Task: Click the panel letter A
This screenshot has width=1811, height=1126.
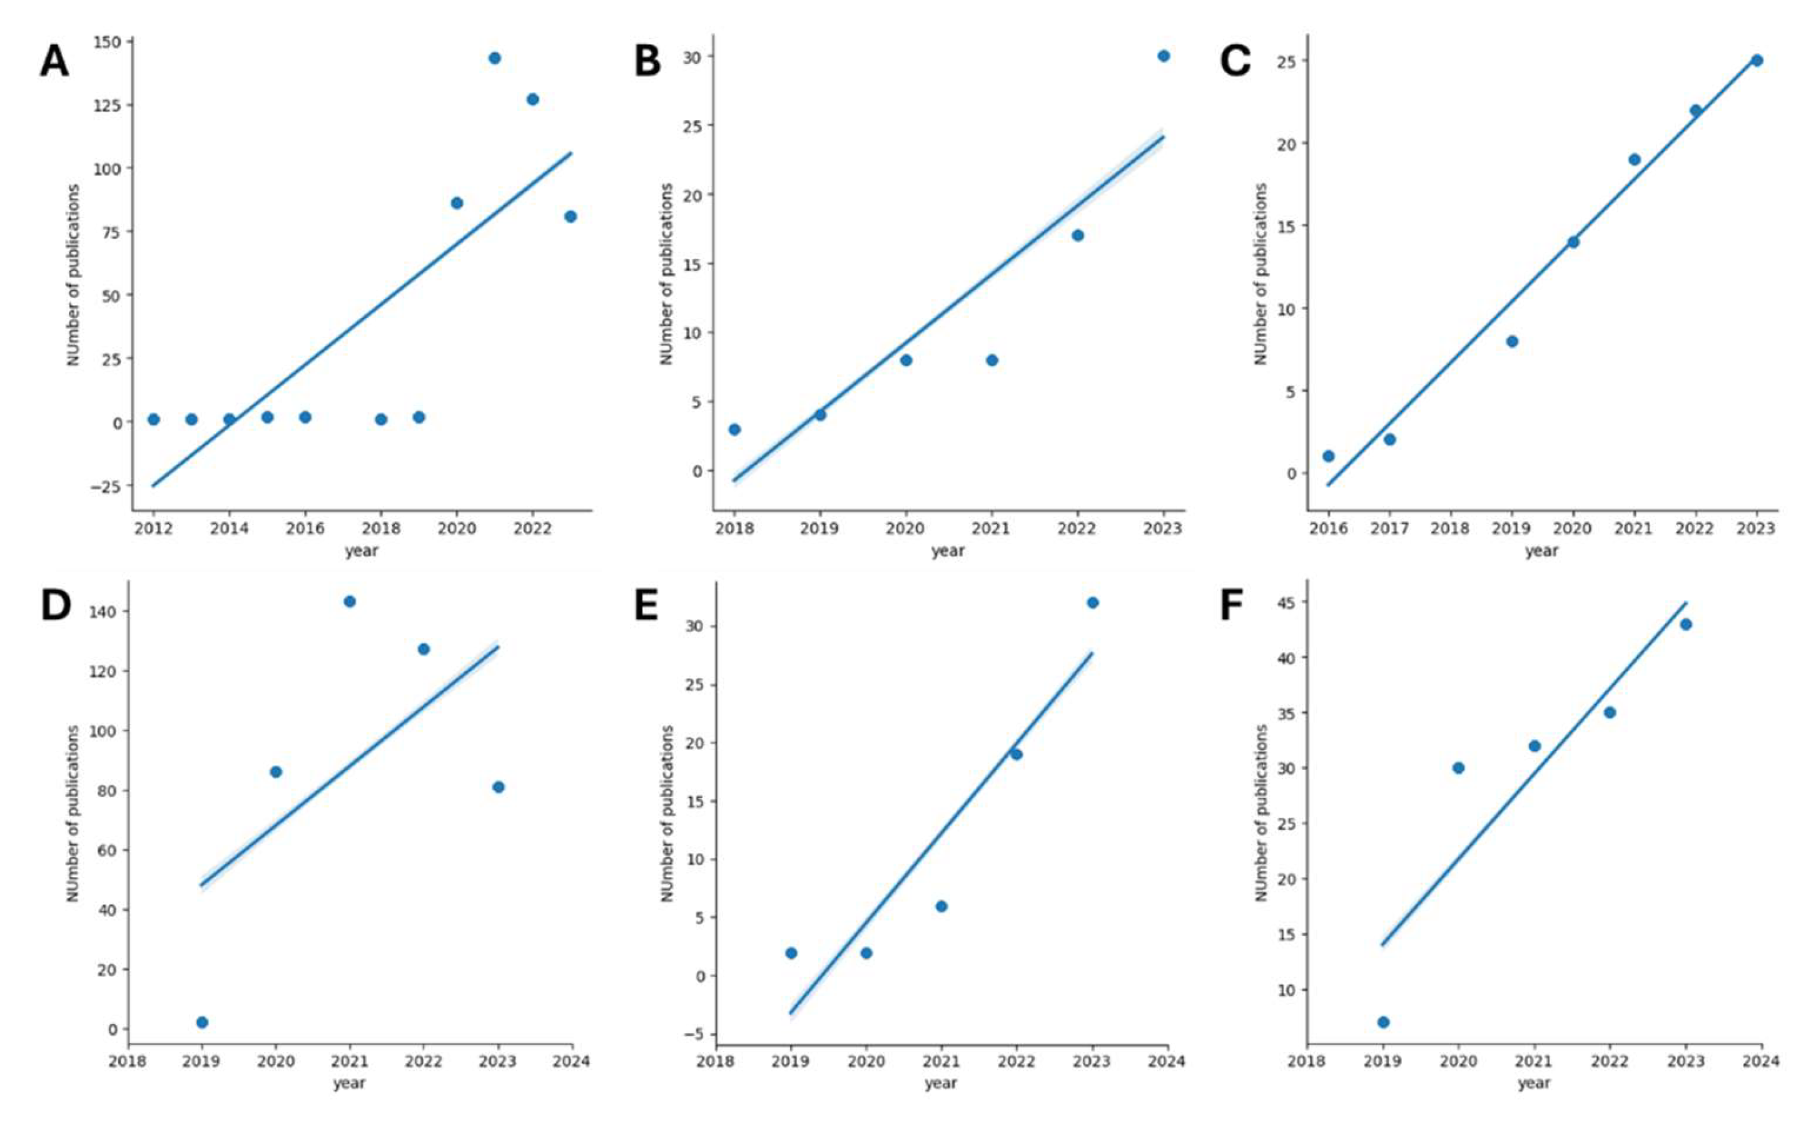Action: [54, 61]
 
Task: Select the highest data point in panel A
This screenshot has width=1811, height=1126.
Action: [494, 58]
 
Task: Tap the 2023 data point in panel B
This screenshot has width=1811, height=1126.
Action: [1164, 56]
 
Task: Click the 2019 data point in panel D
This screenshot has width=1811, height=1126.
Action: [201, 1021]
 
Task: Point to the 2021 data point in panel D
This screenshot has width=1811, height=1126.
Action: [349, 601]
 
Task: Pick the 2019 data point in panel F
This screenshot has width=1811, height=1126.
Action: [1383, 1021]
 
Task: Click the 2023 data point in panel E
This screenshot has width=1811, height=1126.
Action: [1093, 603]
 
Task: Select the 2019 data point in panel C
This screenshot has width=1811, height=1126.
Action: [1512, 341]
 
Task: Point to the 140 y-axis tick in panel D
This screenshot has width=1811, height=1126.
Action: [106, 612]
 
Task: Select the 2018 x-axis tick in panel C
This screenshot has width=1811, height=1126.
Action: [1450, 528]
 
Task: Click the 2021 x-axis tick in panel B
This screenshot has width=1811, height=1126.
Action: [992, 528]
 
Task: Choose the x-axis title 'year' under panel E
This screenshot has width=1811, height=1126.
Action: [941, 1083]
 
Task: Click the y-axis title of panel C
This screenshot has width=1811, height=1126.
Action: [1260, 274]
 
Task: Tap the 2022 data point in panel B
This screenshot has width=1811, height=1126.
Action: [1077, 235]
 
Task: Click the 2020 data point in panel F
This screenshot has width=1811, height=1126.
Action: [1458, 768]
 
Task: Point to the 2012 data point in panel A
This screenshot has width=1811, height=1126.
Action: [153, 419]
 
